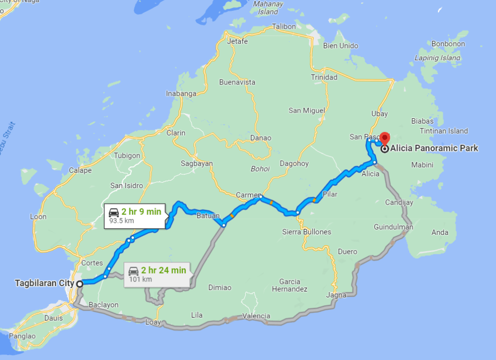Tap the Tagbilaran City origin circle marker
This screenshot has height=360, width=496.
(79, 284)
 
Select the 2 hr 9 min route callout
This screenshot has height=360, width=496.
(134, 216)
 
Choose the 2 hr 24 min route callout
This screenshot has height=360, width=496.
(156, 274)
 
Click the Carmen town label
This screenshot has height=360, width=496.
(248, 195)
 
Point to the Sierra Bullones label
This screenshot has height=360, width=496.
(306, 232)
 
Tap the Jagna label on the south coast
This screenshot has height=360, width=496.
(336, 295)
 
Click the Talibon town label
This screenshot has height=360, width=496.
(283, 26)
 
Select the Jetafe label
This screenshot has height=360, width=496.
(237, 42)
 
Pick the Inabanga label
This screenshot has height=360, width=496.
(181, 93)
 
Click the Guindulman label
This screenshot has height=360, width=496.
(393, 227)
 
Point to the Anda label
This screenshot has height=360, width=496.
(440, 232)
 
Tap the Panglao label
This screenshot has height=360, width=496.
(24, 336)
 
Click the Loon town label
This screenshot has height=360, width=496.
(38, 216)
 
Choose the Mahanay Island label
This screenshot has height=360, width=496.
(268, 7)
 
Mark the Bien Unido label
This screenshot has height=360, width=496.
(341, 46)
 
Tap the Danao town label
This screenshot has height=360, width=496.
(261, 138)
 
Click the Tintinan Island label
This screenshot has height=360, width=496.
(444, 131)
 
